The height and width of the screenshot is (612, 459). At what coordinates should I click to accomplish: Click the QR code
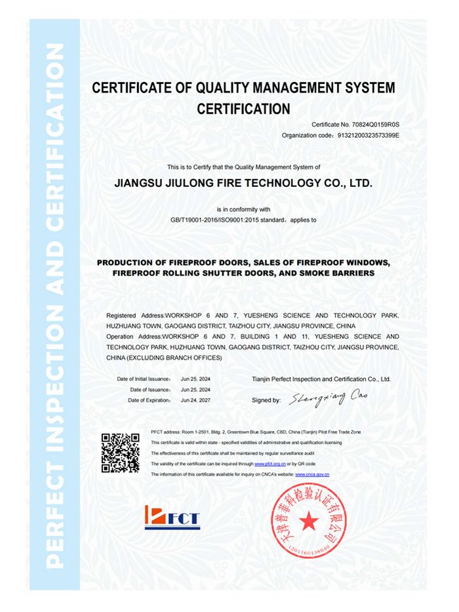click(120, 453)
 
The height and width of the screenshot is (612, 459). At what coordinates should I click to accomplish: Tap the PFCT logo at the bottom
click(172, 518)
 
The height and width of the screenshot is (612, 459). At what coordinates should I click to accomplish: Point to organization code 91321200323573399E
click(368, 135)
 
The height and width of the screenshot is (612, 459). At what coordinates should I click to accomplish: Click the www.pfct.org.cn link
click(269, 464)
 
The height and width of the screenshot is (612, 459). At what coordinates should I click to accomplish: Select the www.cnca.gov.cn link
click(312, 474)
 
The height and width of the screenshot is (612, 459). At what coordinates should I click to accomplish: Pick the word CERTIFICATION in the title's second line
click(243, 108)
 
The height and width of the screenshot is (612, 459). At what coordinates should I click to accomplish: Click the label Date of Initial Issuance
click(144, 379)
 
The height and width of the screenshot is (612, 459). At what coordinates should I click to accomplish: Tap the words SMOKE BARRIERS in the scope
click(341, 272)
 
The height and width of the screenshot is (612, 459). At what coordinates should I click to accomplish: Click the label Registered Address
click(135, 316)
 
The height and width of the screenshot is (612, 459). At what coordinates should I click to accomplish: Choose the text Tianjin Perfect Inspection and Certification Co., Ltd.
click(321, 379)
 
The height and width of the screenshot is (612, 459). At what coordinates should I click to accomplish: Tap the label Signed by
click(266, 399)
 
